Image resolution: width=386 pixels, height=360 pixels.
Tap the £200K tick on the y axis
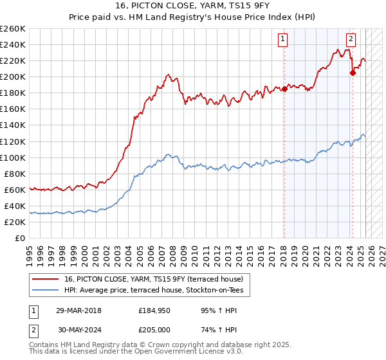coord(12,76)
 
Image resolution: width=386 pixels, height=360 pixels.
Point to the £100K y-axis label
coord(12,157)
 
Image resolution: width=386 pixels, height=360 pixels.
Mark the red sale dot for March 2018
coord(284,89)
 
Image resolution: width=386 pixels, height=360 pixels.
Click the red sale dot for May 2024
coord(353,73)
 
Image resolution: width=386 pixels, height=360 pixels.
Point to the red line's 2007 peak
coord(167,75)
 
